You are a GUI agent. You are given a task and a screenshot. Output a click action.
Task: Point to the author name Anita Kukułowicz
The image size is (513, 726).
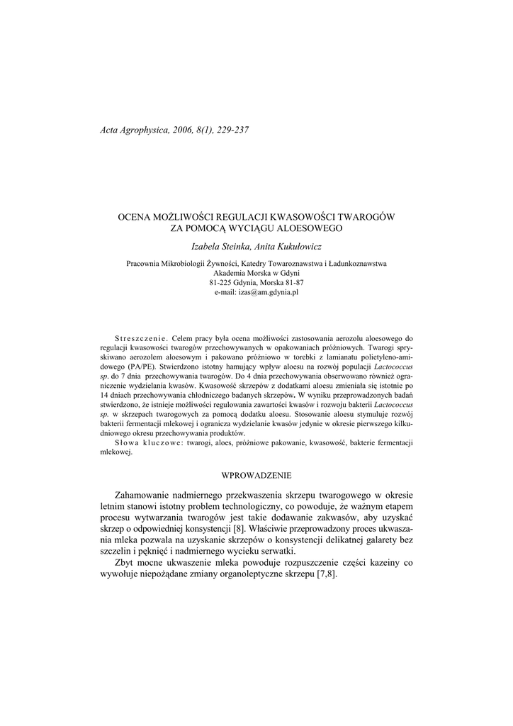pyautogui.click(x=288, y=245)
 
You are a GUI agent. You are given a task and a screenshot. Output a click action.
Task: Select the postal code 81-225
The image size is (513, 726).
pyautogui.click(x=223, y=282)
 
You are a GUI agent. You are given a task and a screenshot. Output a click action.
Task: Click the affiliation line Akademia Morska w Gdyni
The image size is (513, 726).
pyautogui.click(x=256, y=273)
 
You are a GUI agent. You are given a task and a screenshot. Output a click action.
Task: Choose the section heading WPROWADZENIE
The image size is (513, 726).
pyautogui.click(x=256, y=473)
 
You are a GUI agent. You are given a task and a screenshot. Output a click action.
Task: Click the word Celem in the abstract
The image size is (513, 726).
pyautogui.click(x=184, y=338)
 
